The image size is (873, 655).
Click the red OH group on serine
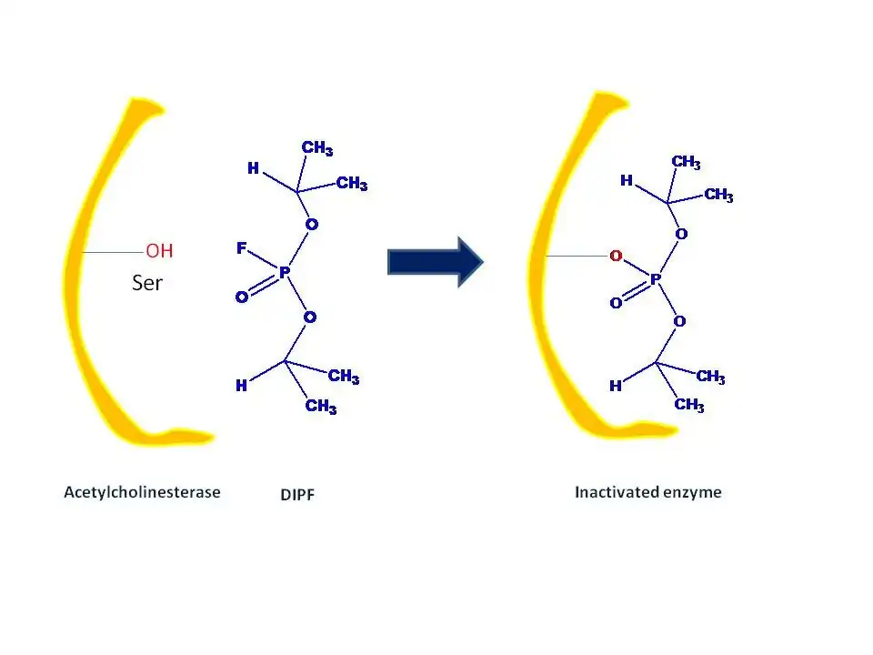coord(159,251)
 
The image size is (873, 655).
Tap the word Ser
coord(147,283)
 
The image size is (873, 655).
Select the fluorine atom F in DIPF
coord(242,247)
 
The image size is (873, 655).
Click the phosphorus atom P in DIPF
coord(284,272)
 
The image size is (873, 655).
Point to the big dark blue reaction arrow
coord(435,262)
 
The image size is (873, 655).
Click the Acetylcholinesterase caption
coord(142,492)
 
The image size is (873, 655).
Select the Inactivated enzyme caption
coord(647,492)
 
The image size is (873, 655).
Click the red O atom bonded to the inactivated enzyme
coord(616,257)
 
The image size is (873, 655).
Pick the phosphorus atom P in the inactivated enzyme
coord(655,280)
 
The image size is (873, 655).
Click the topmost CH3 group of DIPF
coord(317,147)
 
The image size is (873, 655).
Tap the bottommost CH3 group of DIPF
coord(321,407)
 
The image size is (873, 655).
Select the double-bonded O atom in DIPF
coord(241,297)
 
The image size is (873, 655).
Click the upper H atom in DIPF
coord(254,168)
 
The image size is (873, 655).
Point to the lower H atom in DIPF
coord(241,386)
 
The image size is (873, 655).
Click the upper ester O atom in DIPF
coord(311,224)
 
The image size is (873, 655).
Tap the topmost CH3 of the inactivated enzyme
coord(686,162)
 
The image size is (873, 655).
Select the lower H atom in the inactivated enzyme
coord(616,386)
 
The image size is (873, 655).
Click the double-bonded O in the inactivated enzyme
coord(616,303)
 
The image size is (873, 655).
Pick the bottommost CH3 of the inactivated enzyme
coord(689,405)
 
